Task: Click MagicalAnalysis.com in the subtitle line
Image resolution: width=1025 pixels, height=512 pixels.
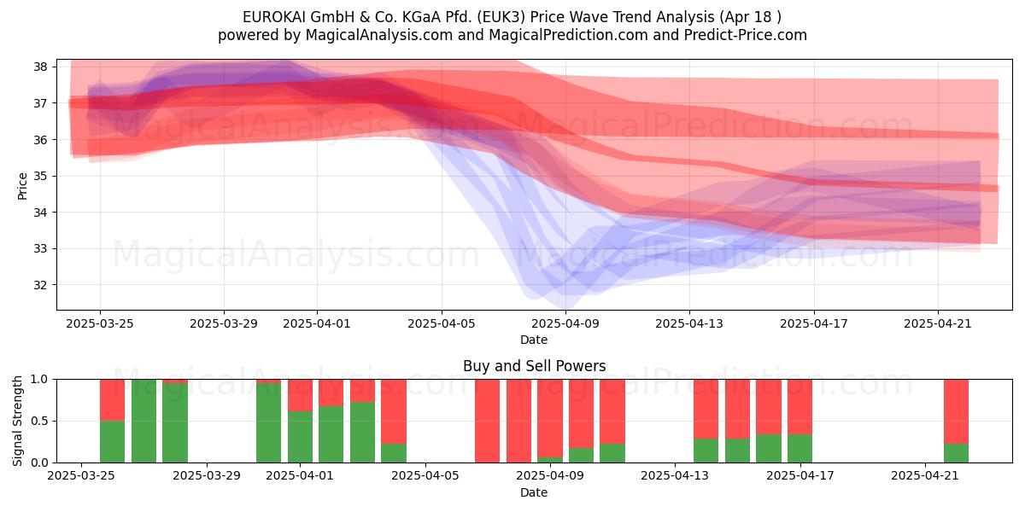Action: pyautogui.click(x=379, y=35)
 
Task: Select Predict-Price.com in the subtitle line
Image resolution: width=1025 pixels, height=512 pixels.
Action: pyautogui.click(x=746, y=35)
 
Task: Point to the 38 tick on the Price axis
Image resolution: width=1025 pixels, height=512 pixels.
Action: pyautogui.click(x=40, y=67)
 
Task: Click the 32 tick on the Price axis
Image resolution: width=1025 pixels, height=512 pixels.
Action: pyautogui.click(x=40, y=285)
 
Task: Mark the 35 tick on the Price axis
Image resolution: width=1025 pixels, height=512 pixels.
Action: pyautogui.click(x=40, y=176)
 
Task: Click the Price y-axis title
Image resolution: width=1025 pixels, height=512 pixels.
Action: pyautogui.click(x=22, y=186)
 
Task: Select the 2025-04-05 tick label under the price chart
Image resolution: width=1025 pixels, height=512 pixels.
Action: pyautogui.click(x=442, y=323)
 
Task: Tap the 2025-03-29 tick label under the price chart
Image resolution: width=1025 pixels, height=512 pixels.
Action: pyautogui.click(x=224, y=323)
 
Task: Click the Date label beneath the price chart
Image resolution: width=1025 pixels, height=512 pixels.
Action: pyautogui.click(x=534, y=340)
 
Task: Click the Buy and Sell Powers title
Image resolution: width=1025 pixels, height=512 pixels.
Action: pyautogui.click(x=534, y=366)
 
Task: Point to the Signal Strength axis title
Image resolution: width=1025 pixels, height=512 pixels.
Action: pyautogui.click(x=17, y=421)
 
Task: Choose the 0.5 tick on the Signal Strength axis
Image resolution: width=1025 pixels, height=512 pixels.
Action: pyautogui.click(x=39, y=421)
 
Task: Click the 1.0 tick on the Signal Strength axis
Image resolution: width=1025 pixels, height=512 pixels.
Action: pyautogui.click(x=39, y=380)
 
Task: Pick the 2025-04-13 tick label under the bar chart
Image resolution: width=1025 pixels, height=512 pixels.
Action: pyautogui.click(x=675, y=476)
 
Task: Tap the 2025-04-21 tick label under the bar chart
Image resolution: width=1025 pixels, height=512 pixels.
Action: pyautogui.click(x=925, y=476)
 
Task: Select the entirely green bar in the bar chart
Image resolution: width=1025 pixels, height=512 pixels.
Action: pyautogui.click(x=143, y=421)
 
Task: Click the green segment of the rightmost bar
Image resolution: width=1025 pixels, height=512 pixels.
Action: pyautogui.click(x=957, y=453)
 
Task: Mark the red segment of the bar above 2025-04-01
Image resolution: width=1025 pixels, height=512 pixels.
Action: pyautogui.click(x=300, y=395)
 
